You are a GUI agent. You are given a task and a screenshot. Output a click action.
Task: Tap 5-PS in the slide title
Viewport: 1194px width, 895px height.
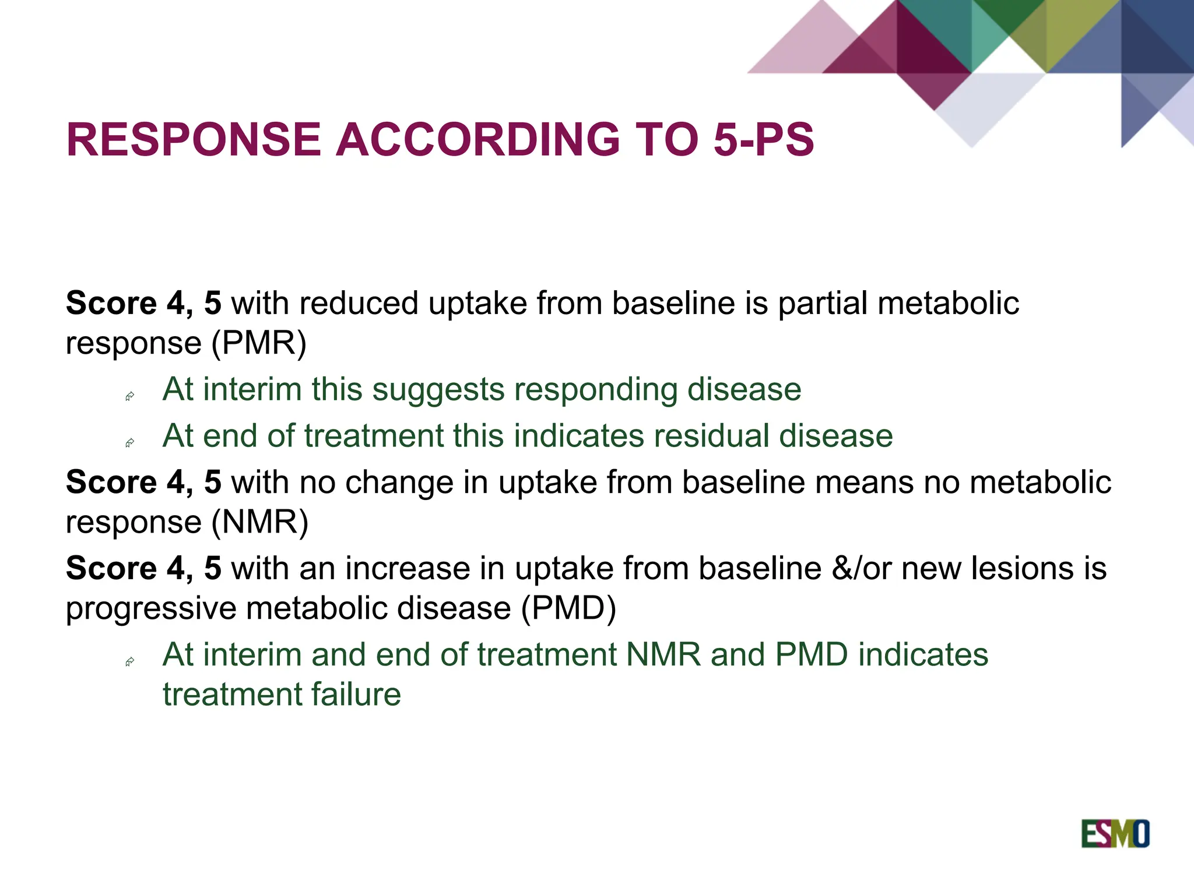coord(764,140)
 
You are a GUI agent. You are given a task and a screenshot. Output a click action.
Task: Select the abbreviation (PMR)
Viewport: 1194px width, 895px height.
coord(258,343)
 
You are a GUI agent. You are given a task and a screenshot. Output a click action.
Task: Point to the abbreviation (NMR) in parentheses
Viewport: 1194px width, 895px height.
coord(259,522)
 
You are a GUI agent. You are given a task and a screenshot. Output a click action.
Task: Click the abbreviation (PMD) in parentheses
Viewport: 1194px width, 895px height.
coord(568,608)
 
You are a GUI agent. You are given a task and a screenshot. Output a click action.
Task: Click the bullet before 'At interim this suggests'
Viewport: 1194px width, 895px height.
coord(130,397)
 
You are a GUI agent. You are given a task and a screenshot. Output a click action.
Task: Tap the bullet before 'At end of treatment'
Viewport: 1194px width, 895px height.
coord(130,443)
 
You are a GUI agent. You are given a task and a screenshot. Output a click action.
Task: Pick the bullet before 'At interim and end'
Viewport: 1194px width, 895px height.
coord(130,662)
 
